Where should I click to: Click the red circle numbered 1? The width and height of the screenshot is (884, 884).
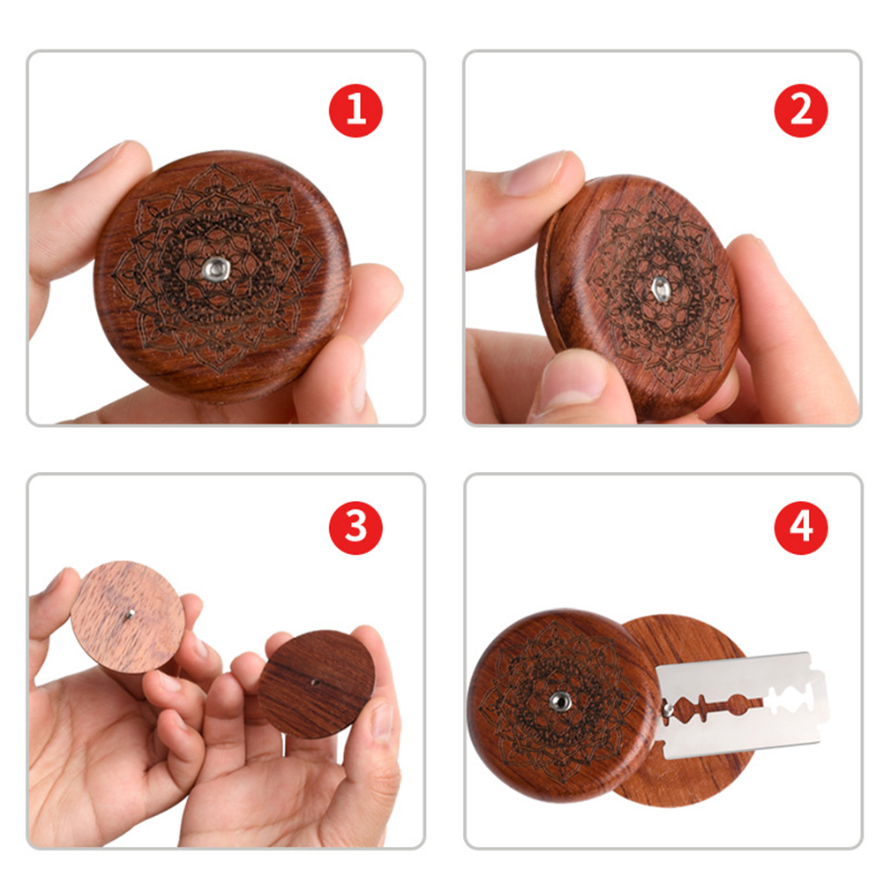tap(356, 110)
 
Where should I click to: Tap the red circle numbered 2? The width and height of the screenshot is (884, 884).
tap(801, 110)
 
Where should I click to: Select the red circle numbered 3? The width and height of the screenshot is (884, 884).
tap(356, 528)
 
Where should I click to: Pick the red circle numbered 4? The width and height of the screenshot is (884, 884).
tap(801, 528)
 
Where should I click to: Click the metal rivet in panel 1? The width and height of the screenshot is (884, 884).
tap(215, 268)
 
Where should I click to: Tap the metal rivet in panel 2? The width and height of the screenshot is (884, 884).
tap(662, 289)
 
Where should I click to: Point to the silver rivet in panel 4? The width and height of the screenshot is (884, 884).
tap(560, 701)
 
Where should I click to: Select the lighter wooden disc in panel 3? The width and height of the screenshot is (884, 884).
tap(128, 617)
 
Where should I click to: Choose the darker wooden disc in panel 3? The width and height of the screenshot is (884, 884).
tap(317, 685)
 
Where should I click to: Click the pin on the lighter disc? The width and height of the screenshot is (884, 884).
tap(130, 614)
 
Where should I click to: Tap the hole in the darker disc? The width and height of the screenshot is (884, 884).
tap(315, 683)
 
